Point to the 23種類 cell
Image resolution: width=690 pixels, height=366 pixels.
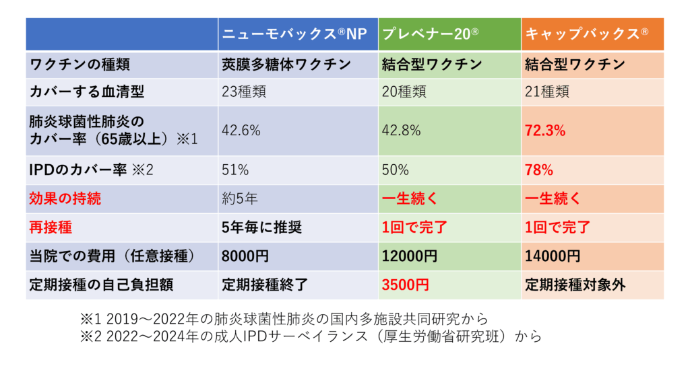point(243,91)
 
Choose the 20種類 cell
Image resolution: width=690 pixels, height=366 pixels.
point(404,91)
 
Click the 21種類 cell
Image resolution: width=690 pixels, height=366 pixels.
point(546,91)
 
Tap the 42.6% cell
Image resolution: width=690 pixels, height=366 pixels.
point(241,131)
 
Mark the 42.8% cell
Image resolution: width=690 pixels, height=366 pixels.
point(402,131)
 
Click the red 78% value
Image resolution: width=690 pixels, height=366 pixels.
point(539,170)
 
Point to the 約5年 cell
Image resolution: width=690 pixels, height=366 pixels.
point(237,199)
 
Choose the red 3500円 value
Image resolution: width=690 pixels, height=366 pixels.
point(405,285)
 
